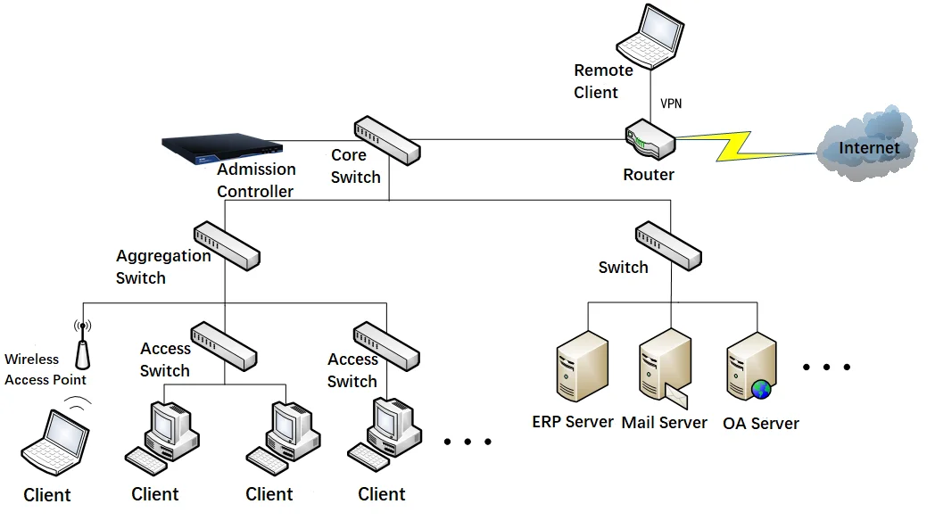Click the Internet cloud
(x=866, y=145)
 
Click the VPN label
(x=671, y=103)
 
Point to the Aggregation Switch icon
(x=227, y=244)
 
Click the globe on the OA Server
(x=761, y=389)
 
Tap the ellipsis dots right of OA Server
(x=827, y=367)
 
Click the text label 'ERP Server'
(x=573, y=421)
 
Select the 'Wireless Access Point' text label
(x=46, y=369)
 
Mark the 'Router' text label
(x=649, y=175)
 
